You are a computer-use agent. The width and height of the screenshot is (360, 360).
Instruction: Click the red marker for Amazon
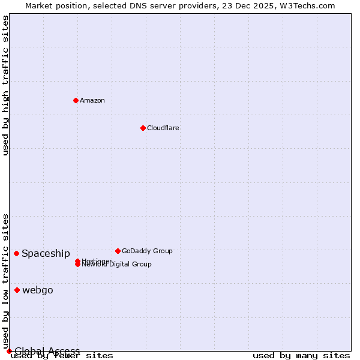76,100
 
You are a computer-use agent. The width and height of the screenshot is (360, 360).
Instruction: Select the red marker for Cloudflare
143,128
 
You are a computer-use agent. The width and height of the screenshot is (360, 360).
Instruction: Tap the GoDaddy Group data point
118,251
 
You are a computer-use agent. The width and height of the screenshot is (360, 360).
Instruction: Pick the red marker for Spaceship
16,253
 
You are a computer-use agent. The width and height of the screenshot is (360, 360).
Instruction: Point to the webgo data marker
17,290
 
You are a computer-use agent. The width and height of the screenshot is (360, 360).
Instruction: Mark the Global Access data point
9,351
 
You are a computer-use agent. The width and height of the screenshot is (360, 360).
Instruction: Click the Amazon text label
92,100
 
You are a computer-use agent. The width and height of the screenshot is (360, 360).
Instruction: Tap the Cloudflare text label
163,128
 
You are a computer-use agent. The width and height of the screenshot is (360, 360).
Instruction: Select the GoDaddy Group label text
147,251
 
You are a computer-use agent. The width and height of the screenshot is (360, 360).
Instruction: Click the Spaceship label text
46,253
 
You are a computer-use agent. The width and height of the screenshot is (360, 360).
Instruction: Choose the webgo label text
38,290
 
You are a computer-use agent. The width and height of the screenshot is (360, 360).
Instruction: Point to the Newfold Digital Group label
118,265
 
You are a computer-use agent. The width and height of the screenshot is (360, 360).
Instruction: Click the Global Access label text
47,351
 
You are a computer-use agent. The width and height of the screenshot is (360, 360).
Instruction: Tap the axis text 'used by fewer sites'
62,356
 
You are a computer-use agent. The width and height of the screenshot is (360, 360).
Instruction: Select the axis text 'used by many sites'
301,356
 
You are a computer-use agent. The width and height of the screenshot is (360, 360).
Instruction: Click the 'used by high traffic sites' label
5,85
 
